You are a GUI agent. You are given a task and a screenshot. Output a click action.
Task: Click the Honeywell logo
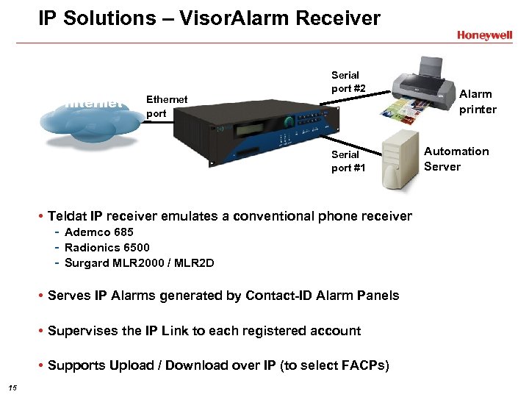point(484,35)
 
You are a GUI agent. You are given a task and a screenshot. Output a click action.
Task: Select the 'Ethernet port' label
point(167,106)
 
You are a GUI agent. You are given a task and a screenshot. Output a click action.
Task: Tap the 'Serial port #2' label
point(345,82)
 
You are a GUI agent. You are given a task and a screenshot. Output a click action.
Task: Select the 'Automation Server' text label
point(456,159)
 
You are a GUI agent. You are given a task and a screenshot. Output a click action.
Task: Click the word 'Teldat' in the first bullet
point(66,216)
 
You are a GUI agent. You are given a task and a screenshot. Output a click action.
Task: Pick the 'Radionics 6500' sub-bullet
point(107,248)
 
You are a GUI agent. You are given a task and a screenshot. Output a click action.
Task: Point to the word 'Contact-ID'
point(282,296)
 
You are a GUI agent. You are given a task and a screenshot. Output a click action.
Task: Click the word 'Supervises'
point(79,331)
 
